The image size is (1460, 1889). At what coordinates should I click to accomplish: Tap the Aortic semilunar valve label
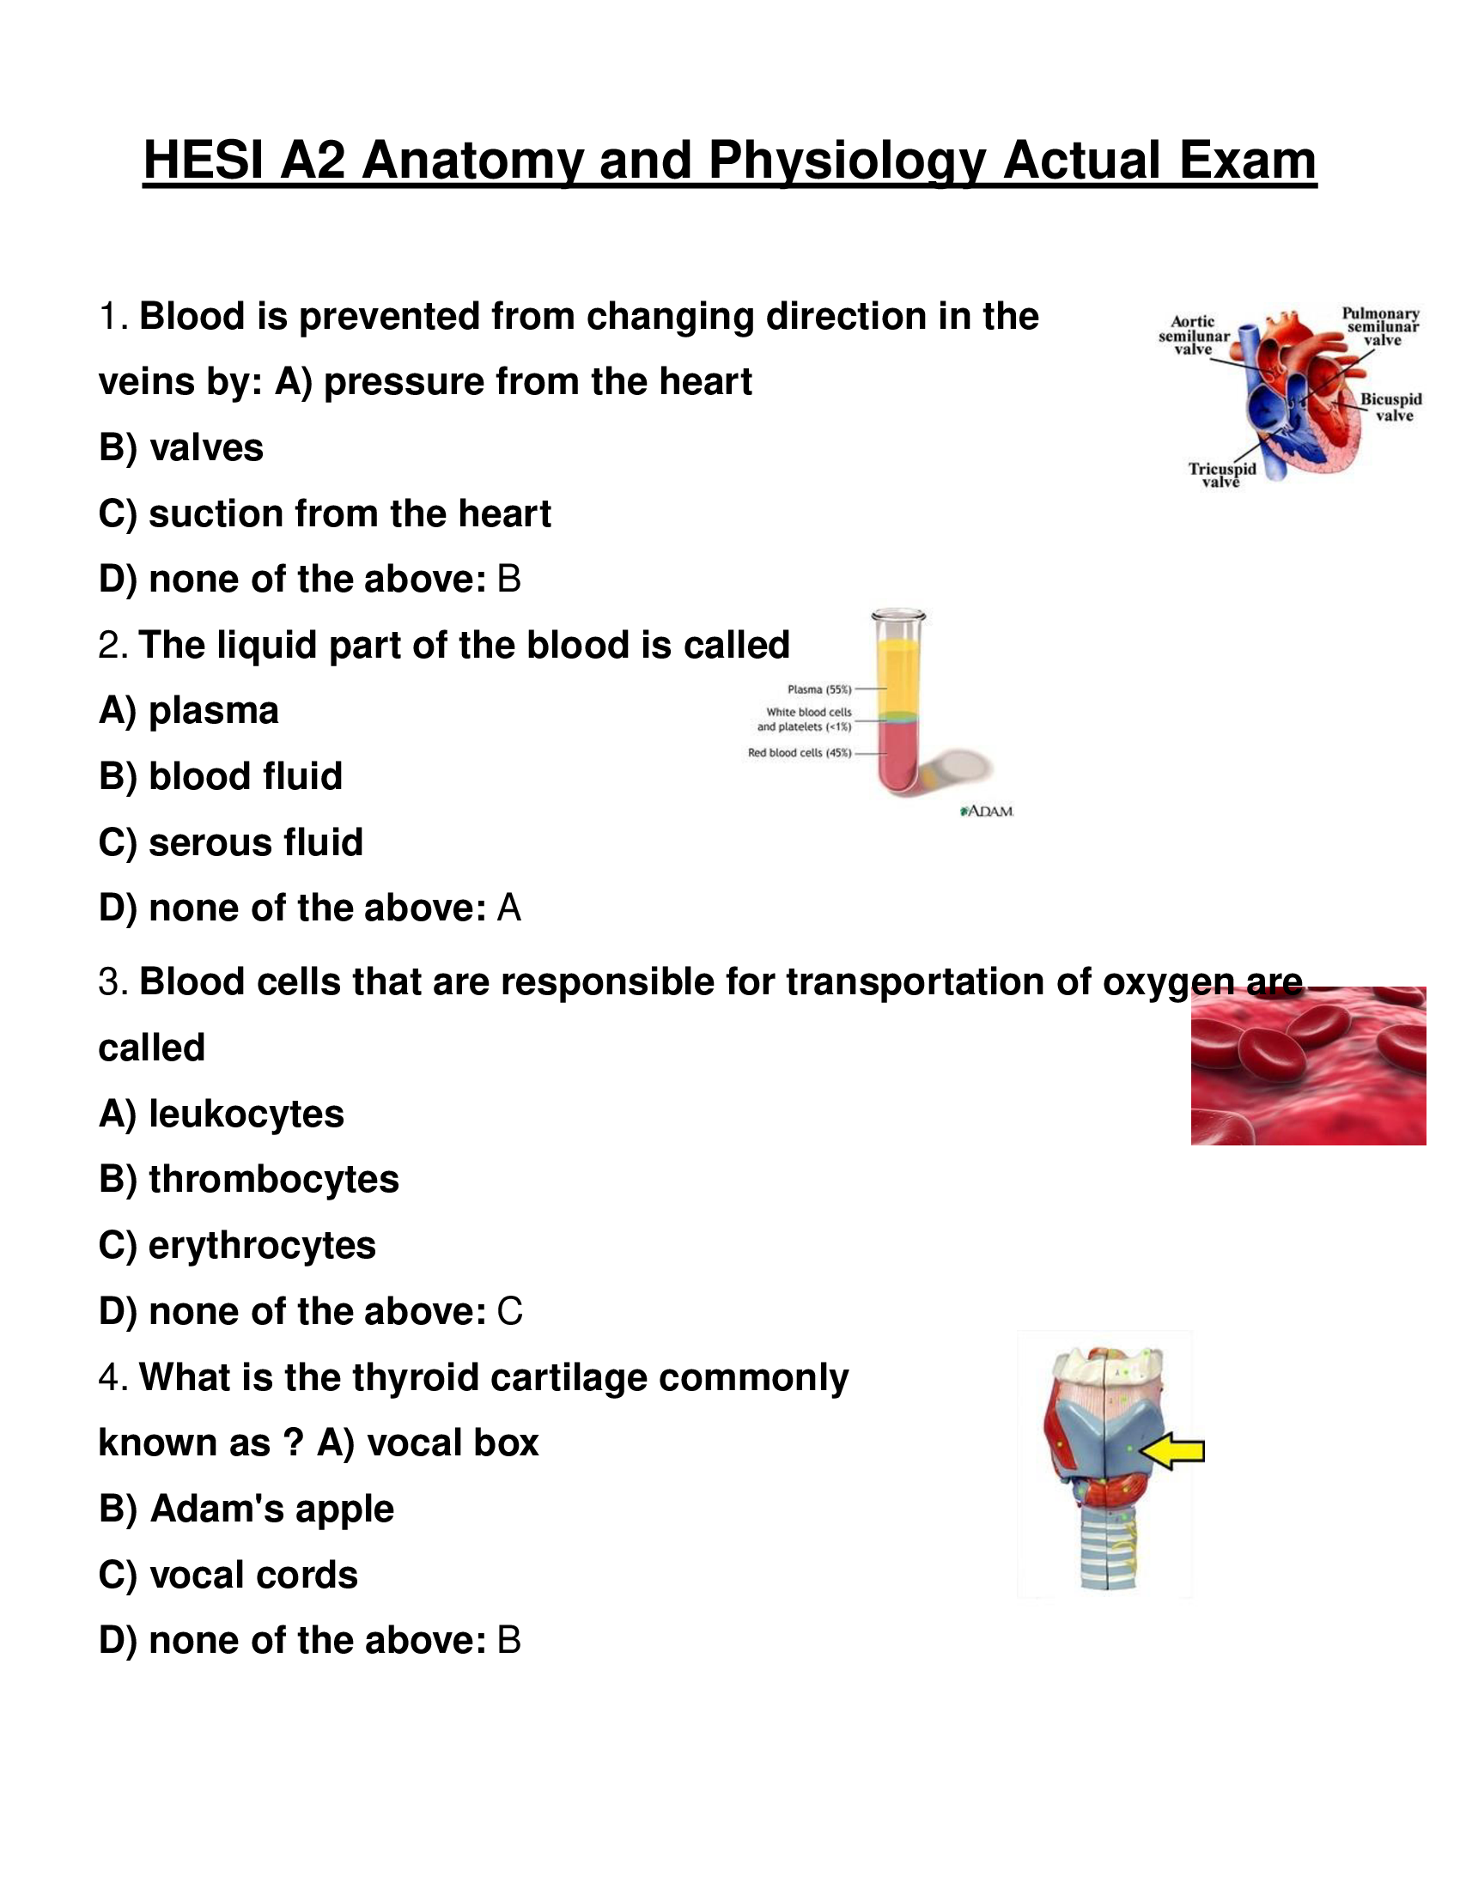(1194, 336)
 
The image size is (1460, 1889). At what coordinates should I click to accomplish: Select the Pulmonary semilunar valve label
(1380, 327)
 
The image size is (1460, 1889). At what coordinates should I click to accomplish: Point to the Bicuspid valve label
(1390, 407)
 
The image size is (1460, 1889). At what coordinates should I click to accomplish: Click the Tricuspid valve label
(1221, 475)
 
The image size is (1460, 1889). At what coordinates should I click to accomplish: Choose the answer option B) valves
(180, 448)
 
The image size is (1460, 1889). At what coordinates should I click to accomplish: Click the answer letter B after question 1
(508, 580)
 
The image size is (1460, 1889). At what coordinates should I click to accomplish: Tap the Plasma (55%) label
(819, 689)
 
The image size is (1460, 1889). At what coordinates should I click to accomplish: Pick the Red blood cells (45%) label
(800, 752)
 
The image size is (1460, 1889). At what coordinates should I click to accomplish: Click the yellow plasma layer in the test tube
(898, 675)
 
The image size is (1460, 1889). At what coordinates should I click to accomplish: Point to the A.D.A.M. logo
(987, 811)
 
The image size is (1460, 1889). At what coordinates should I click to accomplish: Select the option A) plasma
(189, 711)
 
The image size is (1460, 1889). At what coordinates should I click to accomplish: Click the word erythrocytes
(262, 1246)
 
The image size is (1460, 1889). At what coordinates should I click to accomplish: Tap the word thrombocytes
(273, 1180)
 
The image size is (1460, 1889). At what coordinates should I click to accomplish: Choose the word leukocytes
(246, 1114)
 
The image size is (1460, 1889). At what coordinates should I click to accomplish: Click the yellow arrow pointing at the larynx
(1174, 1450)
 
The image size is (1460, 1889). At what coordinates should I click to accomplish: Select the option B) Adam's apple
(246, 1509)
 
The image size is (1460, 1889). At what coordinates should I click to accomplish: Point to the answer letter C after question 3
(509, 1312)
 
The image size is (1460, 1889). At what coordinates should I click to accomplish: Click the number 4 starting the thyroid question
(109, 1378)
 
